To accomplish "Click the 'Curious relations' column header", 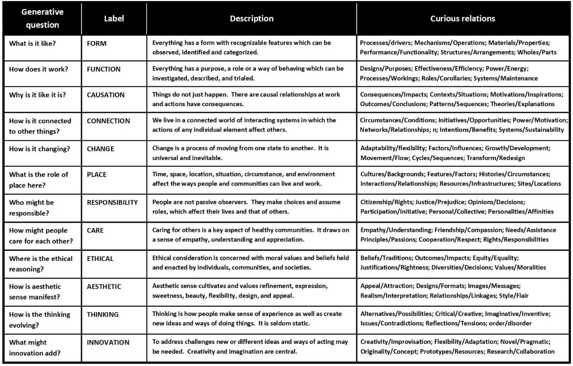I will point(462,19).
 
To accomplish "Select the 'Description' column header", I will point(252,19).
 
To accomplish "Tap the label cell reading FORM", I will point(96,44).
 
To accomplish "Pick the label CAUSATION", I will point(105,95).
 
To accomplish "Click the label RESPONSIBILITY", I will point(112,203).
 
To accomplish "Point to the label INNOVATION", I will point(108,342).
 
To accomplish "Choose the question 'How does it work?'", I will point(38,69).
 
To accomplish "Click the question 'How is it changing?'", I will point(39,149).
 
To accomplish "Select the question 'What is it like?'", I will point(32,44).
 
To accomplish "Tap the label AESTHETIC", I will point(104,287).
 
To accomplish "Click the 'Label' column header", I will point(114,19).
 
